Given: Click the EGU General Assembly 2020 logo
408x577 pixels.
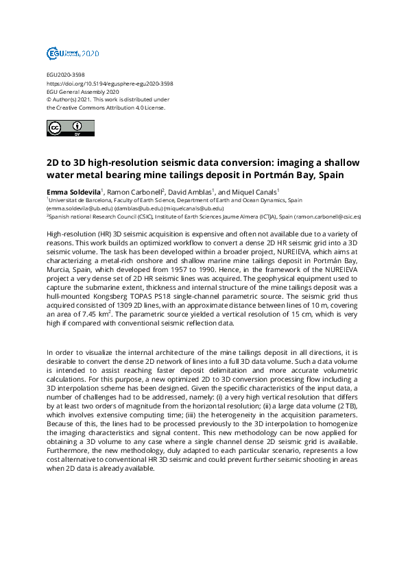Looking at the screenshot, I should click(x=73, y=53).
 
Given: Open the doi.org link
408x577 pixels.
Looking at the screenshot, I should click(x=109, y=83).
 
